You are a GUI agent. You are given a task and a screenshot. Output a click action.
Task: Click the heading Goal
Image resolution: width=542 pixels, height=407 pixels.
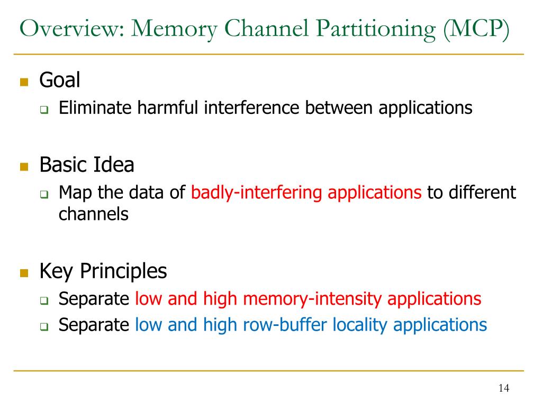[x=60, y=81]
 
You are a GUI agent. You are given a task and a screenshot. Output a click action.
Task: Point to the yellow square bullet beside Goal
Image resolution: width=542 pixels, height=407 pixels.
[x=23, y=82]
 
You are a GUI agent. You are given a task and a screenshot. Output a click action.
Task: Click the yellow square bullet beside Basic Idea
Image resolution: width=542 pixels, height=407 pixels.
[x=23, y=167]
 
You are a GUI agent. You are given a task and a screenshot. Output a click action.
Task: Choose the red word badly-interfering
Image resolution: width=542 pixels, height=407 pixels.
[x=256, y=192]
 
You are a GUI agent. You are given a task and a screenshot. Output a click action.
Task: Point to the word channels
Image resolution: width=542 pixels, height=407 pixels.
[x=93, y=214]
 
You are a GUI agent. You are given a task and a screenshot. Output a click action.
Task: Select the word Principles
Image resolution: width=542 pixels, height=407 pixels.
[x=123, y=271]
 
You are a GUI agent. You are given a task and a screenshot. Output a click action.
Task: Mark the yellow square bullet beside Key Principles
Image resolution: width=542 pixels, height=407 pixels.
[x=23, y=273]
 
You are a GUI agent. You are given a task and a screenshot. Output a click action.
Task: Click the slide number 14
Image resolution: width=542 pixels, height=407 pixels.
[x=503, y=389]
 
